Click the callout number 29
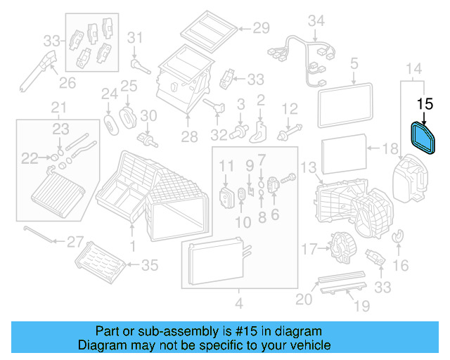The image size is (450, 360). [x=262, y=28]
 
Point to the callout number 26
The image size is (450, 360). [x=66, y=84]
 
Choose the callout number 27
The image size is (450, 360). [x=75, y=242]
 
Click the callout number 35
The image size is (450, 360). [x=150, y=264]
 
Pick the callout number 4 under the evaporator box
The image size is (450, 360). [x=238, y=304]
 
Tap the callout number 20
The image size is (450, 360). [x=302, y=300]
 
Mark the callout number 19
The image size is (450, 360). [x=361, y=306]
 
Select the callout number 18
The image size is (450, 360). [x=391, y=149]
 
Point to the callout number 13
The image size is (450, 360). [x=309, y=167]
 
